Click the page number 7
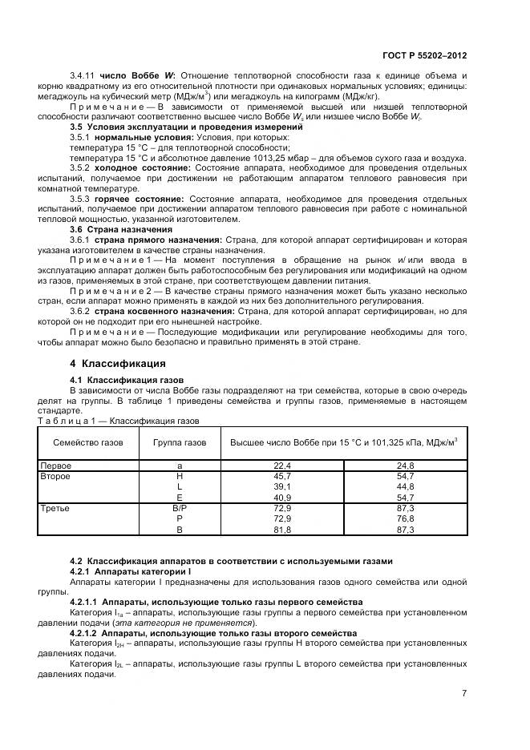click(464, 693)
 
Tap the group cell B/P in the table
click(179, 508)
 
